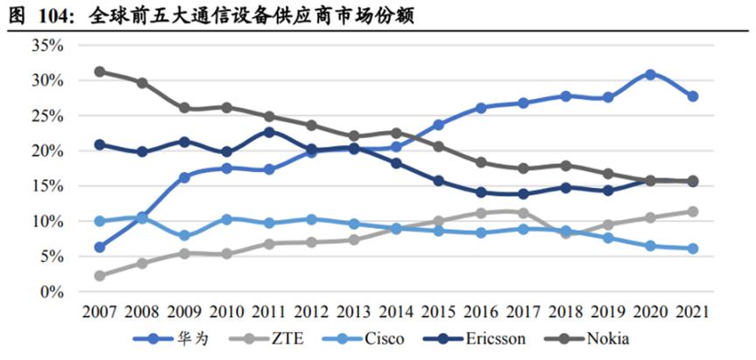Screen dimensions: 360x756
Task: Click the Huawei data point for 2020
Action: tap(649, 74)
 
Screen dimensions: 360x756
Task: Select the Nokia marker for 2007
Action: tap(100, 71)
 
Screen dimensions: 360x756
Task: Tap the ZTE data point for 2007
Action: tap(100, 276)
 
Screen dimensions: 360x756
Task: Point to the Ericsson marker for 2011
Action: tap(268, 132)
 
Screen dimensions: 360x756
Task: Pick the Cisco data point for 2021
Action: tap(692, 249)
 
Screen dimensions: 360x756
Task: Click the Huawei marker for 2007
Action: tap(100, 247)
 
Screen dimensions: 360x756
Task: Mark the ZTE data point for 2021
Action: tap(692, 211)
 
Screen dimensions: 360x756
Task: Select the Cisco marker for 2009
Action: tap(184, 236)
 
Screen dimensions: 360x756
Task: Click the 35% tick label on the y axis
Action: tap(48, 45)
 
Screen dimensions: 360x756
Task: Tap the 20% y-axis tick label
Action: tap(48, 150)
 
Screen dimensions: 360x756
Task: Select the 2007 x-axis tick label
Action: tap(100, 311)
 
